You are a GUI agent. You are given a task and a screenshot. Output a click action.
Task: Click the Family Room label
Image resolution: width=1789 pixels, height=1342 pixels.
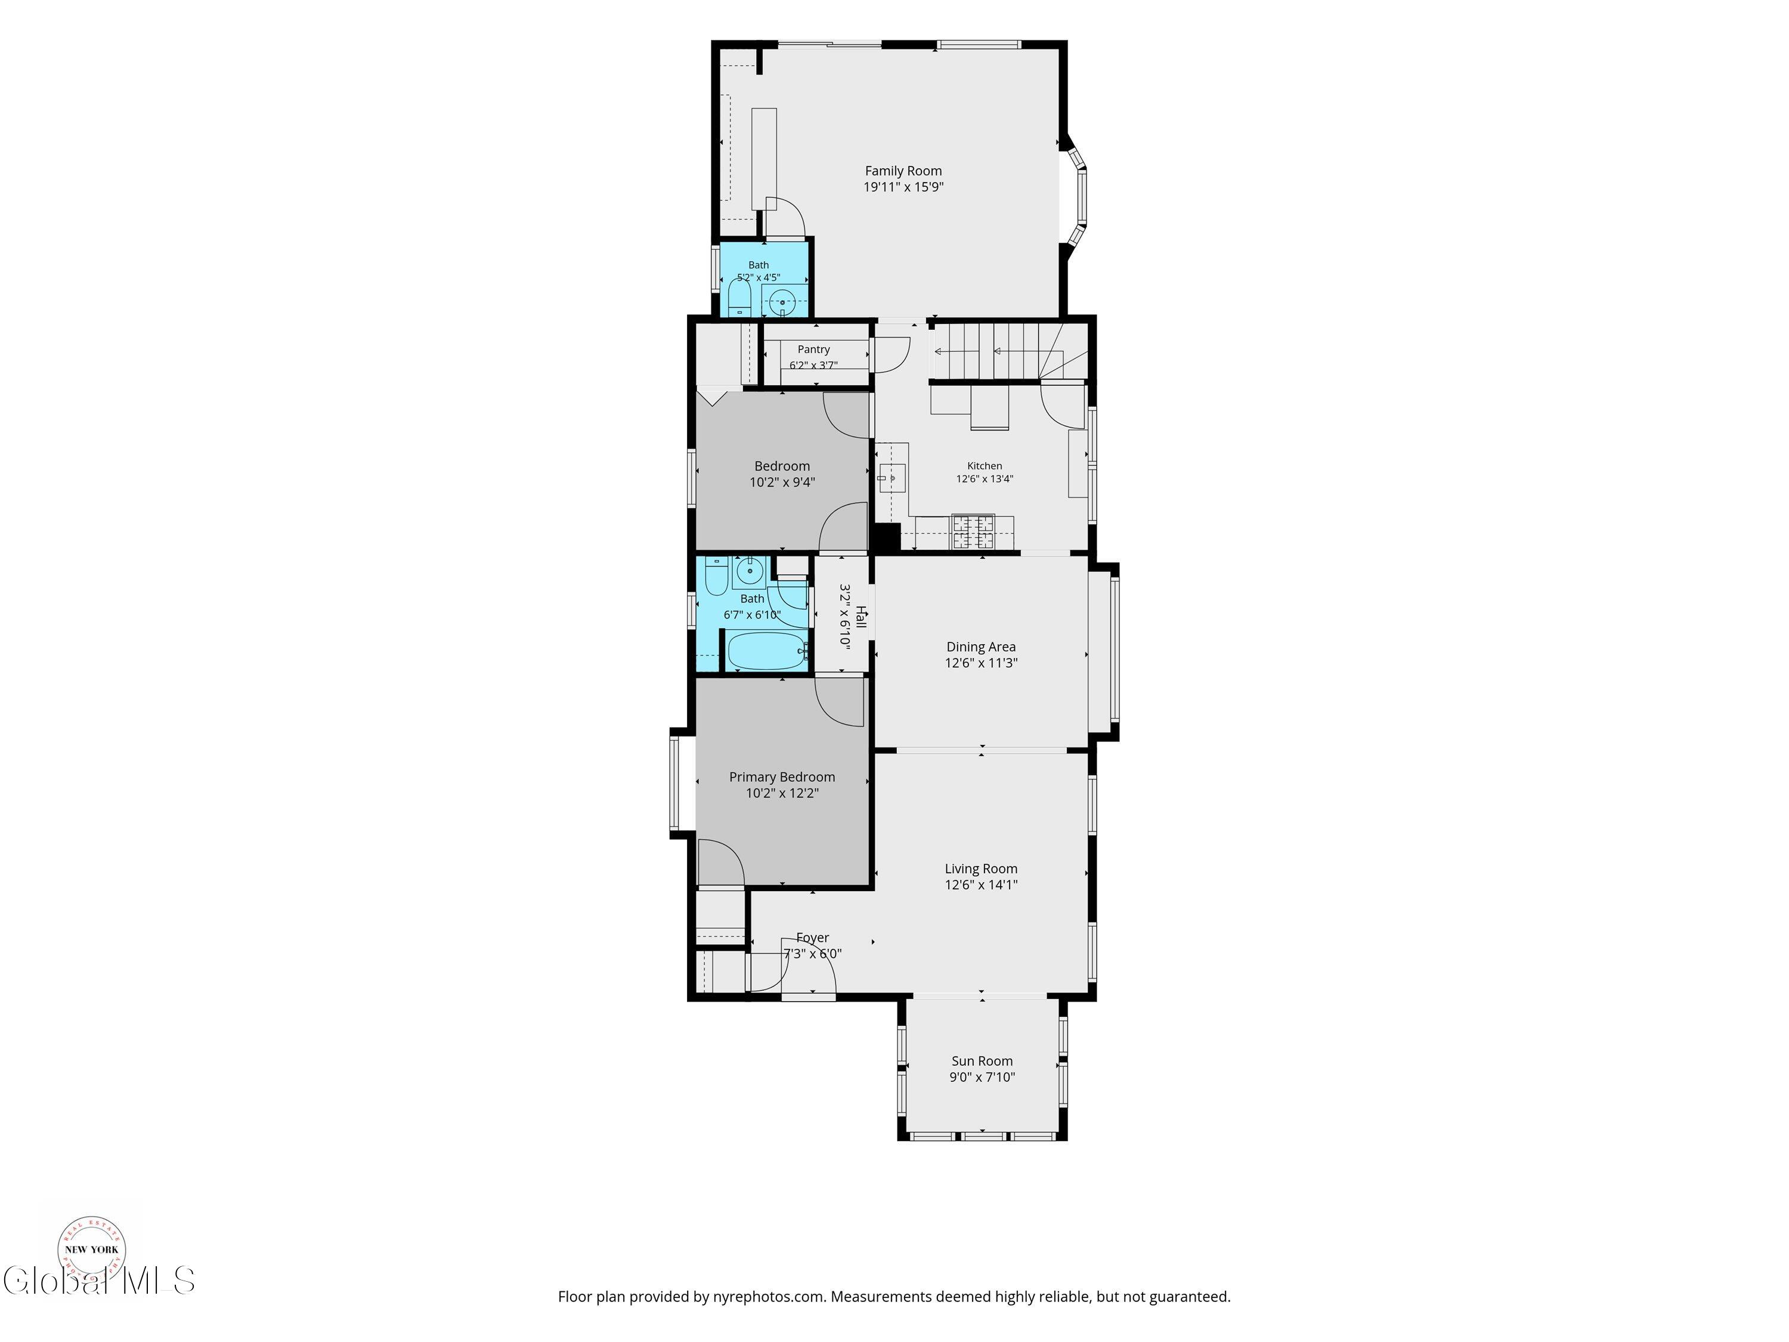[903, 171]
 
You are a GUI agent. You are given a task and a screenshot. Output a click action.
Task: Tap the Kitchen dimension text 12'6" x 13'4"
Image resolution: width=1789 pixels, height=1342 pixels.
[985, 479]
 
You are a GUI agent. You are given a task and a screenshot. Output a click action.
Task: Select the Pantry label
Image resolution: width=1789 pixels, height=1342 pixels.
[813, 350]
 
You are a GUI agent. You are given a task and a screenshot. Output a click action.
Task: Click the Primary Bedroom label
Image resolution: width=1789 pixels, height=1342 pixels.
[782, 777]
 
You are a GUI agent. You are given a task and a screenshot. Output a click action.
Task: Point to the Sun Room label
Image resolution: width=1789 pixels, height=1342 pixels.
[982, 1061]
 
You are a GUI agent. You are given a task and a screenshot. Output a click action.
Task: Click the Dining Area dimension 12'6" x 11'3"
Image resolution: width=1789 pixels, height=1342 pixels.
[981, 663]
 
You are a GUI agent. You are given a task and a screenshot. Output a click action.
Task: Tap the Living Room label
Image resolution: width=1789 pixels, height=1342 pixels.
[981, 870]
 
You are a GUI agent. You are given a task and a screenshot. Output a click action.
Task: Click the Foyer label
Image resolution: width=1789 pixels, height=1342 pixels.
[813, 938]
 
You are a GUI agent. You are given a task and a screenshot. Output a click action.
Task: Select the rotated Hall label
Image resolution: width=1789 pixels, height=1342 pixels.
[861, 617]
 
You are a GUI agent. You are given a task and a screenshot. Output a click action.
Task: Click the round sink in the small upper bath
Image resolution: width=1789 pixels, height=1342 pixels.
[782, 302]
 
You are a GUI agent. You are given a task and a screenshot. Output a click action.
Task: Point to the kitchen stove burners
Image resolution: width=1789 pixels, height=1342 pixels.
[973, 532]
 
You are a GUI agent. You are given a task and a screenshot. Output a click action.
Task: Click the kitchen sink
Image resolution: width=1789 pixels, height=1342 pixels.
[892, 479]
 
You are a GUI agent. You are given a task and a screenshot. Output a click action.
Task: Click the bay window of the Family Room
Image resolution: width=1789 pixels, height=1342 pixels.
[1076, 194]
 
